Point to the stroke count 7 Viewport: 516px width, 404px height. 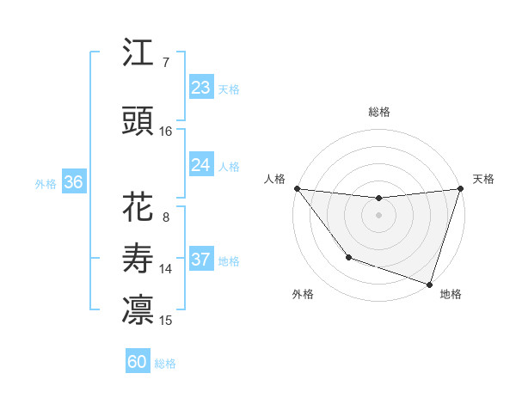point(165,63)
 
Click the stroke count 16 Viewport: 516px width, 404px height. point(166,132)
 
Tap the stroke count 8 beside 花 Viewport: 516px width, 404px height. point(165,217)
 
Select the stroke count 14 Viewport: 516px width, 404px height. point(166,269)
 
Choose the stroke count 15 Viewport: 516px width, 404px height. point(166,321)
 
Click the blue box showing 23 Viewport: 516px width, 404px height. point(201,88)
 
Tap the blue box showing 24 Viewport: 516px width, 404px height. point(201,165)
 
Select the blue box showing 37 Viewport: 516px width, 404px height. point(201,260)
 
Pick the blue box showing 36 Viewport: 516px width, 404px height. point(73,182)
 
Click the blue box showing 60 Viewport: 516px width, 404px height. point(138,362)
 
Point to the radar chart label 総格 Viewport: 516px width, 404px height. point(379,112)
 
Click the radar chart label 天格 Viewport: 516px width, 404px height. point(483,179)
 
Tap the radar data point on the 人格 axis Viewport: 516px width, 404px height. point(297,188)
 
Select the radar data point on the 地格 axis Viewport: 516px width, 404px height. point(429,283)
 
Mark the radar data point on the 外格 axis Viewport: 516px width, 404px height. point(348,256)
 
